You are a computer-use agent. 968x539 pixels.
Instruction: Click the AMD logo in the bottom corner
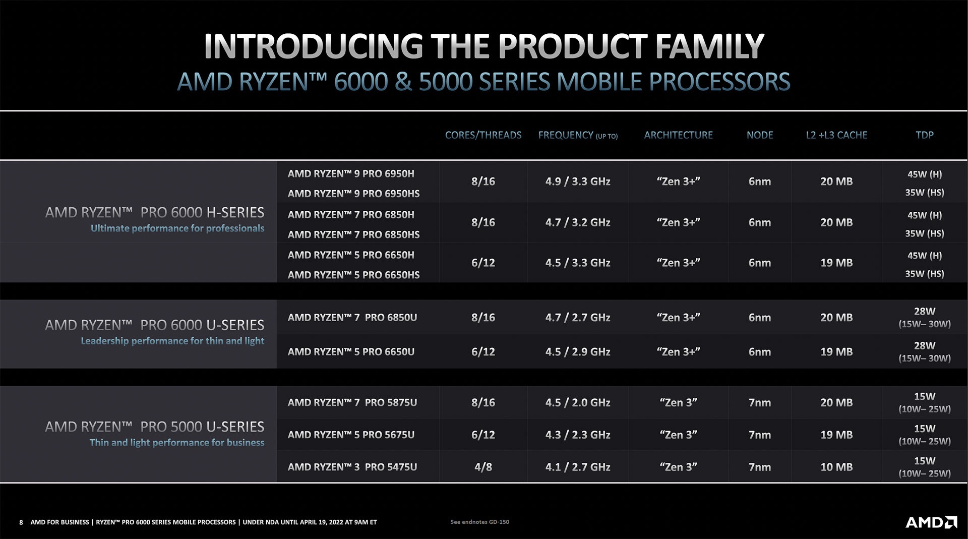(931, 522)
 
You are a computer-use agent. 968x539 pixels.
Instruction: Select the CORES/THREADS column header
(483, 135)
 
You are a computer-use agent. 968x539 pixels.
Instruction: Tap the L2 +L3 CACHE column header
(836, 135)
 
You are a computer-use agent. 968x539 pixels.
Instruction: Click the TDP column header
(924, 135)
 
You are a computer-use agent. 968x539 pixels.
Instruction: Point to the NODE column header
(759, 135)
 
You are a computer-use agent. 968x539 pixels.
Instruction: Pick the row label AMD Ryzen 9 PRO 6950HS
(353, 194)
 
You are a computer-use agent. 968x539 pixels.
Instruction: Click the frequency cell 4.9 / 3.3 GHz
(577, 182)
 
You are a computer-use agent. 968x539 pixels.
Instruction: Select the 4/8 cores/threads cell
(483, 467)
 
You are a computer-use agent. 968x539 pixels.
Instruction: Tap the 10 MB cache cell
(836, 467)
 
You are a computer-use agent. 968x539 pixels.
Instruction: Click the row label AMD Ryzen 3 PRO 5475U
(352, 467)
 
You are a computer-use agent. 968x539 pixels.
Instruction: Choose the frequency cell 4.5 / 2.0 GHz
(577, 402)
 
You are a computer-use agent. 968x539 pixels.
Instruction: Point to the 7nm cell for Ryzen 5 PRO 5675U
(759, 435)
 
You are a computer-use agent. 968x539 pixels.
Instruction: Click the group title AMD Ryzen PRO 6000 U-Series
(154, 325)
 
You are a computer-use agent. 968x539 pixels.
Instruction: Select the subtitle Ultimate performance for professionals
(177, 228)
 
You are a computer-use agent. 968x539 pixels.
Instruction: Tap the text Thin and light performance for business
(176, 443)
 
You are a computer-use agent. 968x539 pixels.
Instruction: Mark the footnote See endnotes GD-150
(479, 522)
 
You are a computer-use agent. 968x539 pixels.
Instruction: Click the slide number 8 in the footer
(21, 522)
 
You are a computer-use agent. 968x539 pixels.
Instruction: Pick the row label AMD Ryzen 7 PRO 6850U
(352, 318)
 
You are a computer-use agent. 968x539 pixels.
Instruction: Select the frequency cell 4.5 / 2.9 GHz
(577, 352)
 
